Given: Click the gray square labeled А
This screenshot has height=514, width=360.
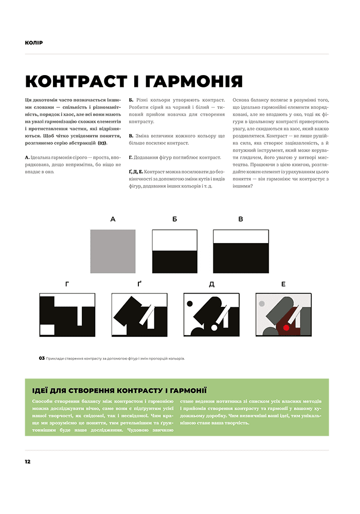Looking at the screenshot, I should pyautogui.click(x=113, y=251).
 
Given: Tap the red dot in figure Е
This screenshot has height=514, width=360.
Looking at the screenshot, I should pyautogui.click(x=286, y=327).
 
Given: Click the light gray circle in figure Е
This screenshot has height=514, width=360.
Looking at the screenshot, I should pyautogui.click(x=262, y=304).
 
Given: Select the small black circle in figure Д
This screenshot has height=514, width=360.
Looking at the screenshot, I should pyautogui.click(x=190, y=303).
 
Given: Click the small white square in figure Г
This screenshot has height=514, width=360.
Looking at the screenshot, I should pyautogui.click(x=47, y=329).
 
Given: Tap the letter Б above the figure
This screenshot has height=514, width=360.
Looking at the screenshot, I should pyautogui.click(x=175, y=219).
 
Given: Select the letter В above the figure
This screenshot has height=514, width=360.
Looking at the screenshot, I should pyautogui.click(x=241, y=219).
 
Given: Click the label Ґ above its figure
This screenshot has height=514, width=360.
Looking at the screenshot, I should pyautogui.click(x=140, y=283).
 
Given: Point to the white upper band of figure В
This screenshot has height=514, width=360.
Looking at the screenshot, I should pyautogui.click(x=241, y=236).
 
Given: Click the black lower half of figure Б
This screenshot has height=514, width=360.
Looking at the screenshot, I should pyautogui.click(x=175, y=262).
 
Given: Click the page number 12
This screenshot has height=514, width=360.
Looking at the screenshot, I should pyautogui.click(x=27, y=462).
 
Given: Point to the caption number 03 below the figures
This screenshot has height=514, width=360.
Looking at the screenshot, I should pyautogui.click(x=42, y=358).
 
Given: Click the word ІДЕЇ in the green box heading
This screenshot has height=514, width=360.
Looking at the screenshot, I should pyautogui.click(x=41, y=390).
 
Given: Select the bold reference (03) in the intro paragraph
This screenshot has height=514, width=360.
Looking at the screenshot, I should pyautogui.click(x=102, y=143).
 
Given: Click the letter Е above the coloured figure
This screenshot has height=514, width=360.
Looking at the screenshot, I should pyautogui.click(x=283, y=283).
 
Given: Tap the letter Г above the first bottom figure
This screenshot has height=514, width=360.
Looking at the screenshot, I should pyautogui.click(x=67, y=283).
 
